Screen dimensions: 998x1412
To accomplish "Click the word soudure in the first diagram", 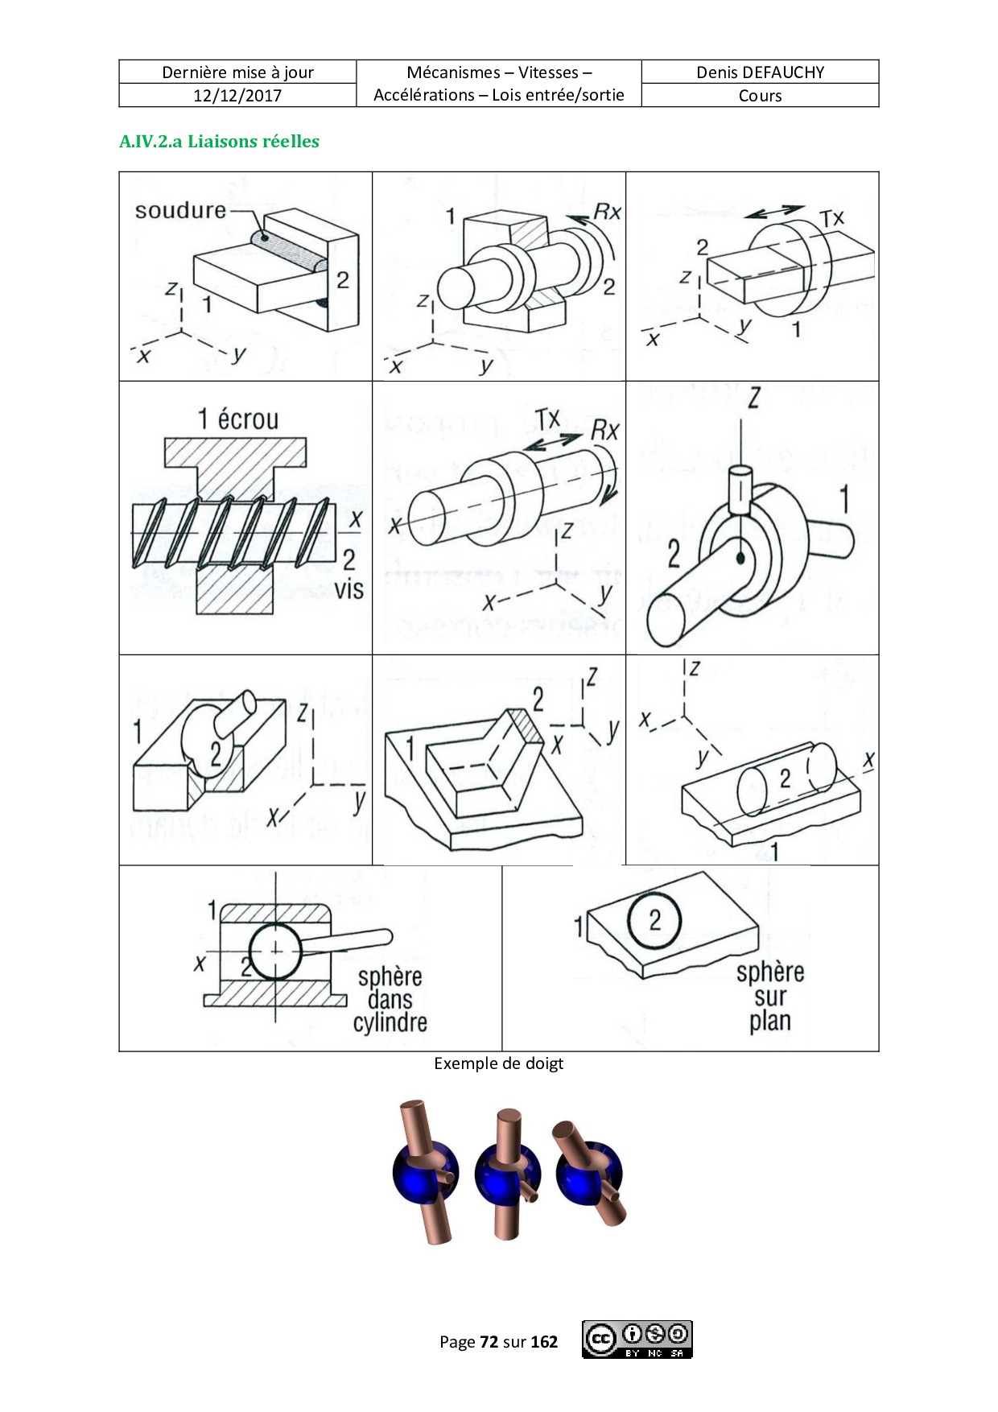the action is click(180, 211).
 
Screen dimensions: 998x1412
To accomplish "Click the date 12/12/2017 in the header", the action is click(237, 96).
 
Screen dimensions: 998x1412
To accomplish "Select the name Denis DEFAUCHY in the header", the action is click(761, 72).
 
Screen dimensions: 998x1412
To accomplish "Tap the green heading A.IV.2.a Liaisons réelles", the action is click(219, 142).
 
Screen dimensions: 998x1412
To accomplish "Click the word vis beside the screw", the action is click(349, 589).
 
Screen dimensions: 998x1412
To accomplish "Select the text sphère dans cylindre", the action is click(390, 1000).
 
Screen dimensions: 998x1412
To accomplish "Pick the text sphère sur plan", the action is click(770, 997).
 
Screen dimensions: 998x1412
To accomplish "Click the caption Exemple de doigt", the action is click(499, 1063).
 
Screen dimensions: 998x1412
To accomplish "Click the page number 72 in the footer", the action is click(489, 1342).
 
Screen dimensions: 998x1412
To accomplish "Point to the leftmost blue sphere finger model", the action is click(426, 1171).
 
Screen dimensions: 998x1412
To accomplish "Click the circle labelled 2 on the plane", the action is click(654, 920).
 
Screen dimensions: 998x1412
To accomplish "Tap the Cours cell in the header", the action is click(761, 96).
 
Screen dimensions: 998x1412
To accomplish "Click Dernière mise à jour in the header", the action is click(237, 72).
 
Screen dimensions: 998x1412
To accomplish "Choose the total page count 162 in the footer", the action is click(545, 1342).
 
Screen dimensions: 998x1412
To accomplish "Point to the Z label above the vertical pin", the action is click(754, 398).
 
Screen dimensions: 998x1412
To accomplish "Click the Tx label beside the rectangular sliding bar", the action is click(832, 219).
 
